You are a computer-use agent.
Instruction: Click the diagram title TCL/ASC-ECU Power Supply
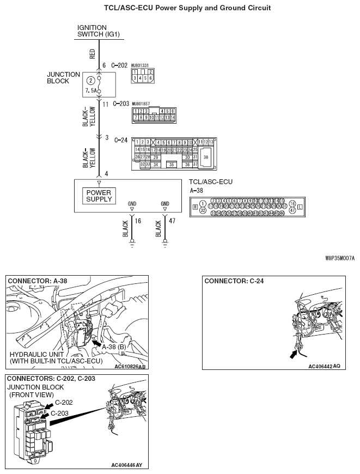tap(180, 8)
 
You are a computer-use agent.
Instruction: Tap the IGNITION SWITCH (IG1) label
tap(99, 31)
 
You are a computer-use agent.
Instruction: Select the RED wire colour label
tap(92, 53)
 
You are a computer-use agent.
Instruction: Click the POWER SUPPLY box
tap(98, 196)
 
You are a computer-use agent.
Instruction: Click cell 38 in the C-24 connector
tap(205, 156)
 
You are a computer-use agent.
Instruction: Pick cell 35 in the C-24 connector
tap(172, 164)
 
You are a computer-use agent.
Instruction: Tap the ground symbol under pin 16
tap(131, 243)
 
